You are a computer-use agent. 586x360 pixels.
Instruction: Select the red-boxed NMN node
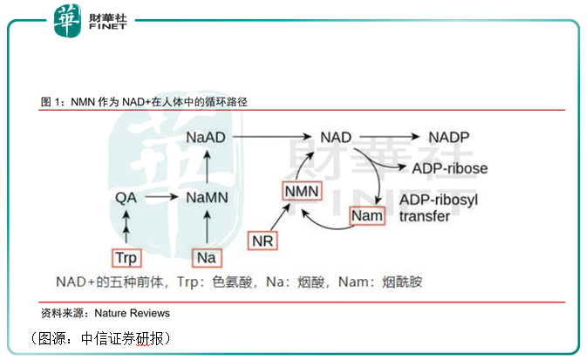303,192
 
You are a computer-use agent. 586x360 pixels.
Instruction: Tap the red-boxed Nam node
366,214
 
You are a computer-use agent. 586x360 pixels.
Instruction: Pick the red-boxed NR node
262,240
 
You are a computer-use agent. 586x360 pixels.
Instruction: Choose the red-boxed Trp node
127,258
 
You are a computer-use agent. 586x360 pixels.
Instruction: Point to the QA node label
127,198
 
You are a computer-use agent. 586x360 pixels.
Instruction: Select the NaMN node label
207,198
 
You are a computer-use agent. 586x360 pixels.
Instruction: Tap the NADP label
449,137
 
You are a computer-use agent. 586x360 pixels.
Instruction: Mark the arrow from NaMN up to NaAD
207,167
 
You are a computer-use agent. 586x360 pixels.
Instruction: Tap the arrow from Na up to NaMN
207,228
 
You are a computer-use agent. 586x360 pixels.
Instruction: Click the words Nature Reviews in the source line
133,312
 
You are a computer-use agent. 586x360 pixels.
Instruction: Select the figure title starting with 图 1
145,102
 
